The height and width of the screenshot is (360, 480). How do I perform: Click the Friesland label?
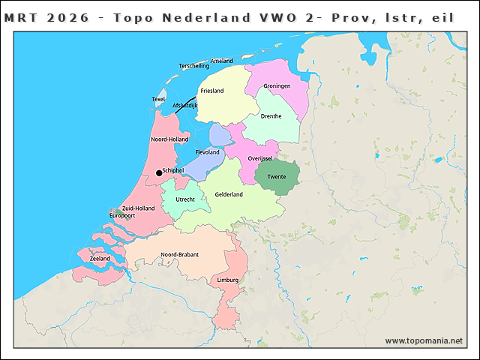pyautogui.click(x=211, y=91)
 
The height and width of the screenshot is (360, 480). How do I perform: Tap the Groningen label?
pyautogui.click(x=277, y=86)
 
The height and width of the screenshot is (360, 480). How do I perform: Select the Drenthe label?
pyautogui.click(x=271, y=116)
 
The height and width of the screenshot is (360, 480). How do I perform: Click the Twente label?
pyautogui.click(x=277, y=177)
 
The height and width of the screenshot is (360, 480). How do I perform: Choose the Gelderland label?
pyautogui.click(x=229, y=194)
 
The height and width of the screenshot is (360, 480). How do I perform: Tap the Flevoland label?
pyautogui.click(x=207, y=152)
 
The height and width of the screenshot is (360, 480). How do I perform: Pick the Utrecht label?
pyautogui.click(x=185, y=199)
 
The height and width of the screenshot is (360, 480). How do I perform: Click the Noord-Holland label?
pyautogui.click(x=169, y=139)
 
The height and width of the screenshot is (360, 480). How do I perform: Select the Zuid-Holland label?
pyautogui.click(x=138, y=208)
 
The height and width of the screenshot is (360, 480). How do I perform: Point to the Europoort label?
pyautogui.click(x=122, y=215)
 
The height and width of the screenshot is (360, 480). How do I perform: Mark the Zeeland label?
pyautogui.click(x=100, y=259)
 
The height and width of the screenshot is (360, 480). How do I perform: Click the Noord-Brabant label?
pyautogui.click(x=180, y=255)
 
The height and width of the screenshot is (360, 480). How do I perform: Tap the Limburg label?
pyautogui.click(x=227, y=280)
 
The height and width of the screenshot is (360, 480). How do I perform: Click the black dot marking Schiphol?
pyautogui.click(x=158, y=173)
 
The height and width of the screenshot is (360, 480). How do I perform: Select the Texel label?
pyautogui.click(x=158, y=99)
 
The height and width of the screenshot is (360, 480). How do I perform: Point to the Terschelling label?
pyautogui.click(x=194, y=66)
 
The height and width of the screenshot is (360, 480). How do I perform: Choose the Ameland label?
pyautogui.click(x=222, y=61)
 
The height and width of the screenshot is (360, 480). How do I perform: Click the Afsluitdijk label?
pyautogui.click(x=184, y=106)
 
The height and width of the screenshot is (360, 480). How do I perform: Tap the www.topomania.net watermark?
pyautogui.click(x=424, y=340)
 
